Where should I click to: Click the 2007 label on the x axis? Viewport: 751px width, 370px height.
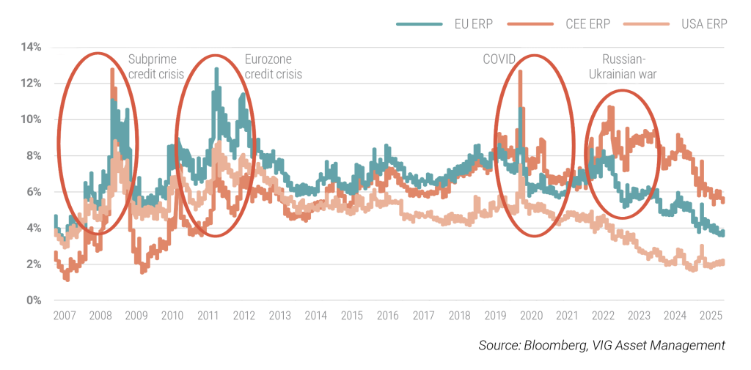(64, 316)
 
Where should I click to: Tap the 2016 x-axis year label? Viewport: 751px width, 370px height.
(387, 316)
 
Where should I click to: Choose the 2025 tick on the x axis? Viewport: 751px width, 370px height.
(711, 316)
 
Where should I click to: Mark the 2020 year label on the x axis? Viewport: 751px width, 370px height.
(531, 316)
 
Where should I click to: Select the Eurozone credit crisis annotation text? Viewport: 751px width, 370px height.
(273, 67)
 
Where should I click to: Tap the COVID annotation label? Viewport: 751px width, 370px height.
(499, 59)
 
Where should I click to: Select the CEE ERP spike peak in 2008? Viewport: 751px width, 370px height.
(112, 70)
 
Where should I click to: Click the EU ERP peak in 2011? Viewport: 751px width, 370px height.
(216, 70)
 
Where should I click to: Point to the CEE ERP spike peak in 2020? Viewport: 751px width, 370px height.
(520, 72)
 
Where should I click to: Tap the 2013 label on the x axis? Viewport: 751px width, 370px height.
(279, 316)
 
